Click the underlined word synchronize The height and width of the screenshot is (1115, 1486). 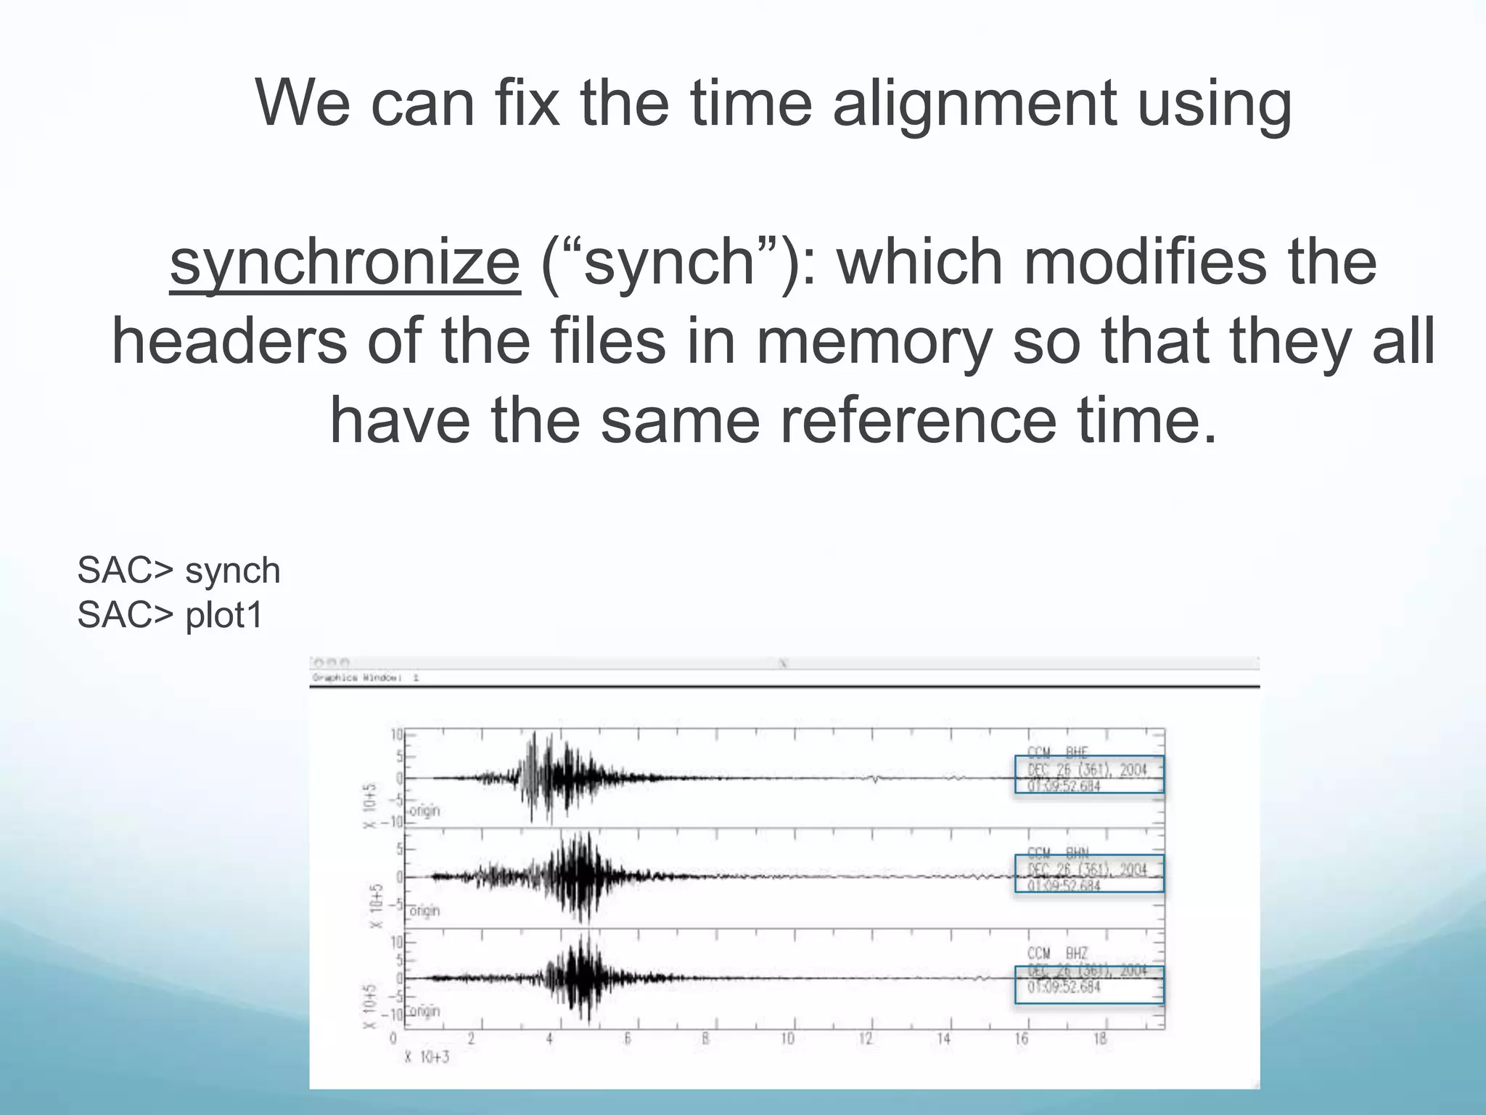coord(345,263)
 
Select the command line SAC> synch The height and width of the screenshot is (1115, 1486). coord(178,571)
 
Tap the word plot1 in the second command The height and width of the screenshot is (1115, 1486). coord(224,616)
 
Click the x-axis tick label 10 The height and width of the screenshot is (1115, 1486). coord(787,1039)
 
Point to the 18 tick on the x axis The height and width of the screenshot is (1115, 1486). coord(1100,1039)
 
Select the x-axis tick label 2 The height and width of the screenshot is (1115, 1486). coord(471,1039)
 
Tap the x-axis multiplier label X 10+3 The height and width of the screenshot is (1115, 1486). coord(427,1057)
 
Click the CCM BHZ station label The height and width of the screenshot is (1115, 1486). coord(1057,953)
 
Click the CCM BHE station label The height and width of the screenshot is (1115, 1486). coord(1057,752)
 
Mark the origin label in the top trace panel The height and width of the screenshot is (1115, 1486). coord(425,810)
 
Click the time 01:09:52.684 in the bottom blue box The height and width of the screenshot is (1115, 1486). coord(1064,987)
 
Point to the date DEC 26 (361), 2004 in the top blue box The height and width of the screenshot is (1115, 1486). coord(1087,769)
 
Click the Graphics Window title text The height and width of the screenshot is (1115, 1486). coord(365,678)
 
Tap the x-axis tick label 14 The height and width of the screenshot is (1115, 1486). coord(943,1039)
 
